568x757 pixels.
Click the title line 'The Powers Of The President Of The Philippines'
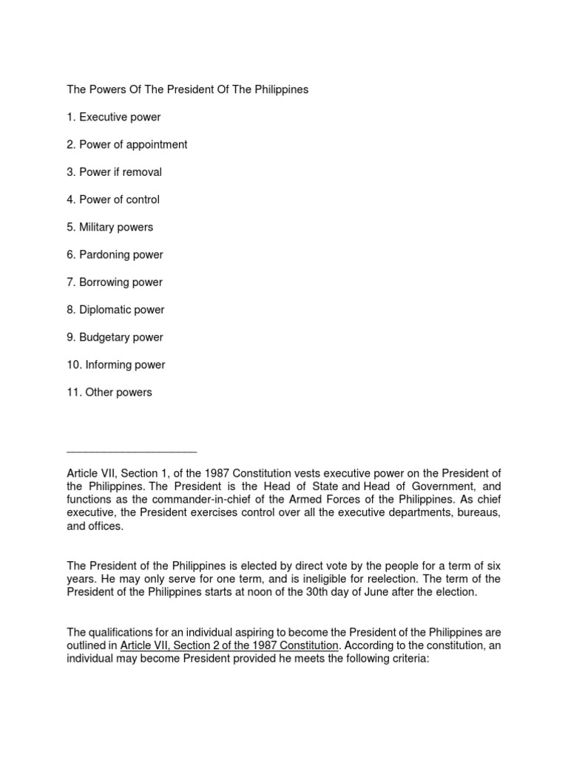click(x=187, y=89)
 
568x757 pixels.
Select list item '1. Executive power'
click(x=113, y=117)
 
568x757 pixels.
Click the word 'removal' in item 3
click(x=143, y=172)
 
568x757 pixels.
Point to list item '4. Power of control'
click(x=113, y=200)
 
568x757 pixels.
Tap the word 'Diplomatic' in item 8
click(x=104, y=310)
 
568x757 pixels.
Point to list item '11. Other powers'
click(x=109, y=393)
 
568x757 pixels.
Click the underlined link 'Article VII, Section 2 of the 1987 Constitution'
click(x=230, y=645)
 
